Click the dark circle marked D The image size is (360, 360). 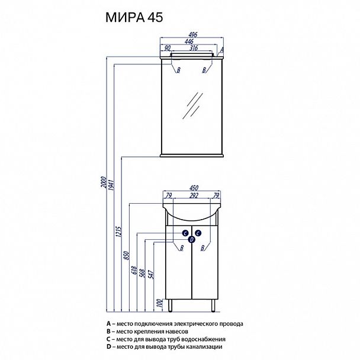tap(192, 240)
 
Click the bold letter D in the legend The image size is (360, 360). tap(108, 346)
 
